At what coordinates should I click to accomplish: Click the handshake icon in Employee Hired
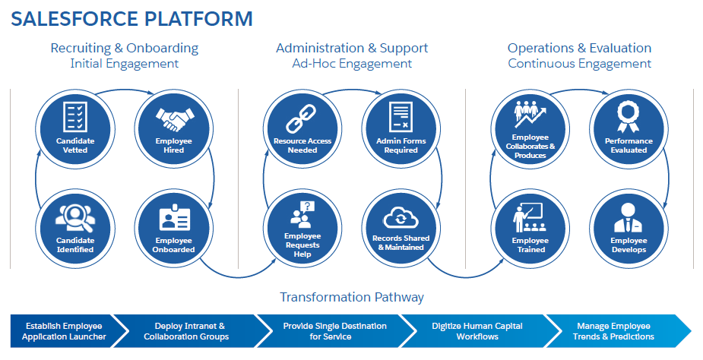point(175,119)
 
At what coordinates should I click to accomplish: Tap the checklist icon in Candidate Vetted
point(75,116)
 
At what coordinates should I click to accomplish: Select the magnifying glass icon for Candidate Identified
point(75,217)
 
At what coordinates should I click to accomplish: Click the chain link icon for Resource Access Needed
point(301,118)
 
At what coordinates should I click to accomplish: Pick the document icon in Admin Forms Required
point(401,116)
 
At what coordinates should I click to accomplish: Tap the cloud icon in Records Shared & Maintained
point(401,218)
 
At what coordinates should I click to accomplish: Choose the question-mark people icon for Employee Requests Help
point(302,214)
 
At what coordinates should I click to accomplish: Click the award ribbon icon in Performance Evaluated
point(628,117)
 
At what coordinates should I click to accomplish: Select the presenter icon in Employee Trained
point(529,217)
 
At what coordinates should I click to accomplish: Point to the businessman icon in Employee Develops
point(628,217)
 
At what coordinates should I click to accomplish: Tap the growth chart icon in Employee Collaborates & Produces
point(530,114)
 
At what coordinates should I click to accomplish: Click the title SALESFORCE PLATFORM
point(131,19)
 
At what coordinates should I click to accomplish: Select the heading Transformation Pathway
point(352,297)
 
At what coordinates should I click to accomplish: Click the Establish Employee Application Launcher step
point(64,331)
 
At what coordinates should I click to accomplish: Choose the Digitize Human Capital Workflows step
point(477,331)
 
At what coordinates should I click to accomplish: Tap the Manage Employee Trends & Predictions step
point(613,331)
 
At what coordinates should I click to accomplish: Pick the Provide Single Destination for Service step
point(334,331)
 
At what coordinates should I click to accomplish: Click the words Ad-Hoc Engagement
point(352,64)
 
